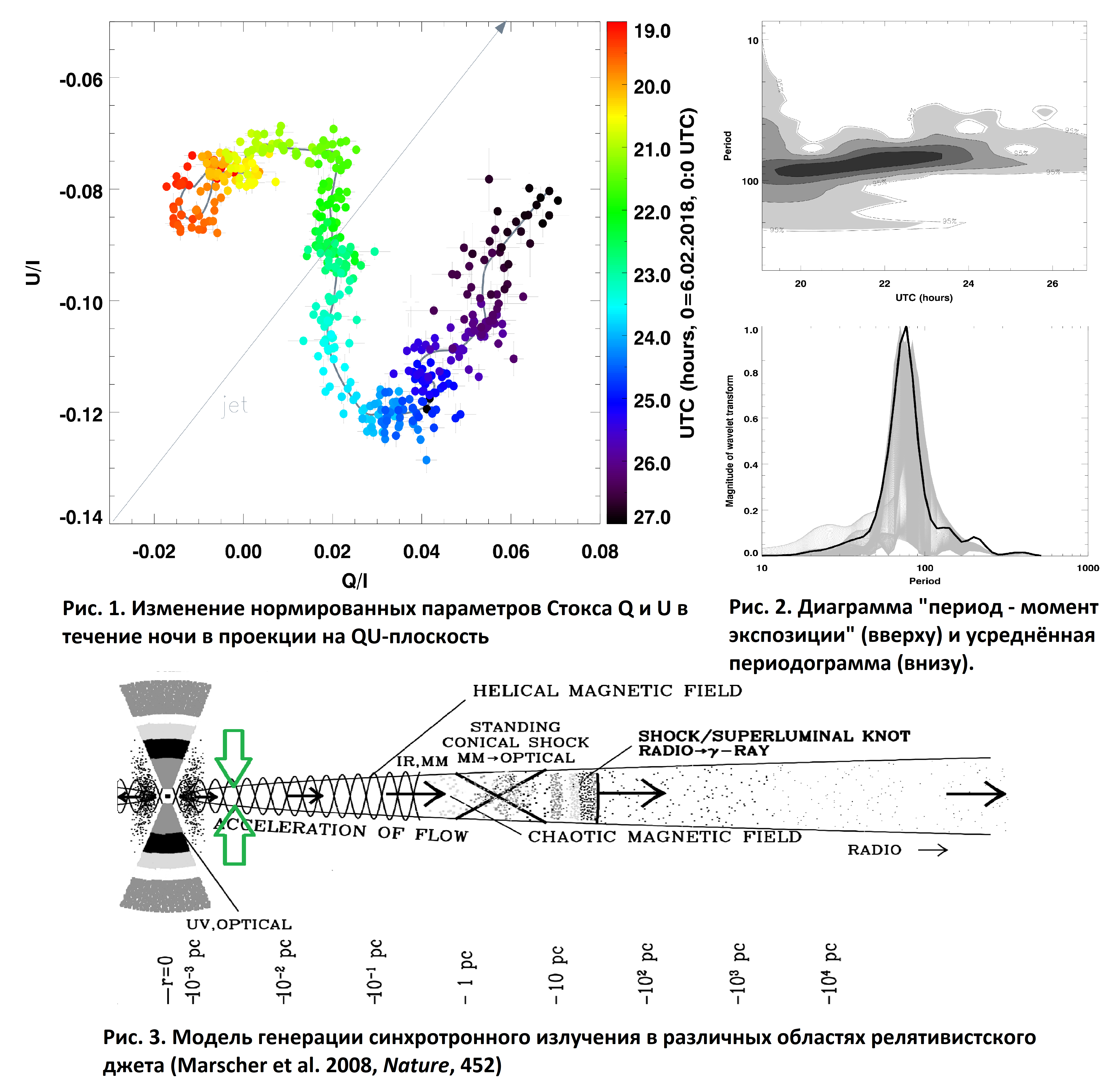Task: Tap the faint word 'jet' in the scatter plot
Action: (235, 405)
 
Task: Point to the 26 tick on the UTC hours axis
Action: (1052, 284)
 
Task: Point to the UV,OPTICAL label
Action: (239, 924)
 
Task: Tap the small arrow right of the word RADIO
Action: (933, 850)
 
